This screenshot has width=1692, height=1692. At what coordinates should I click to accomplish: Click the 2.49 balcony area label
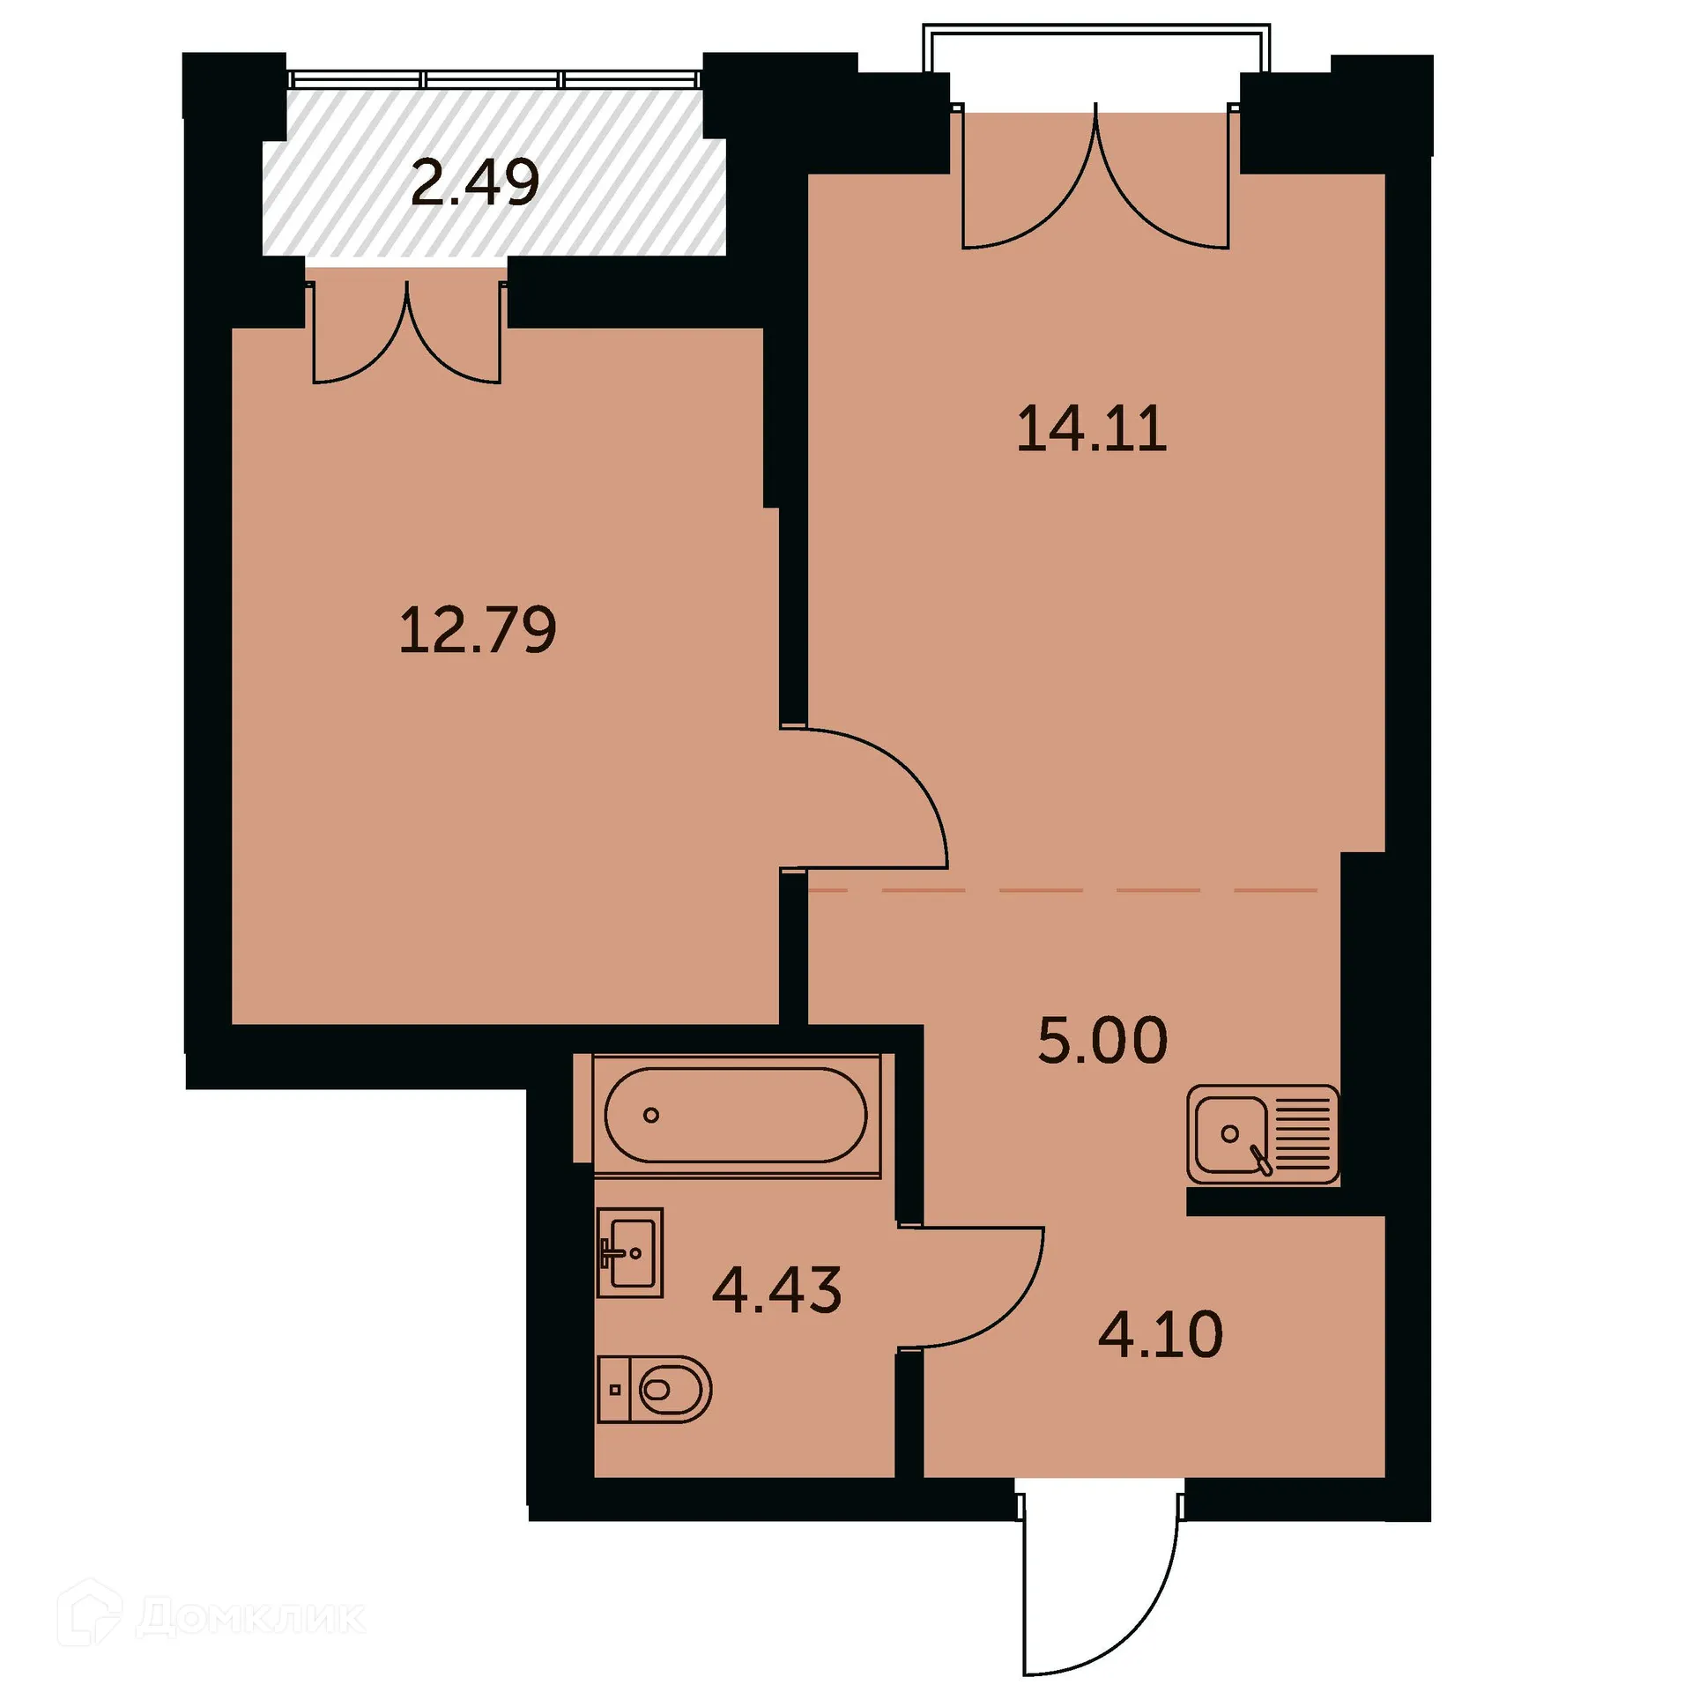click(475, 182)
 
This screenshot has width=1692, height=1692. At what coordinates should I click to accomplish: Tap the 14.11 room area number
click(1091, 429)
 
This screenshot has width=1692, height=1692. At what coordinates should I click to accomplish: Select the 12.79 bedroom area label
click(477, 630)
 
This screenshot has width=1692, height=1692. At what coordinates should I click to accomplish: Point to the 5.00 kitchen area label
click(1102, 1040)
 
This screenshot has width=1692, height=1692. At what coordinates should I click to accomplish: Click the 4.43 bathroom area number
click(776, 1289)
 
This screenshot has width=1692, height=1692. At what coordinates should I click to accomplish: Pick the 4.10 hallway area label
click(1160, 1334)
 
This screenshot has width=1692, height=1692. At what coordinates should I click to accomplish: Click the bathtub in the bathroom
click(736, 1116)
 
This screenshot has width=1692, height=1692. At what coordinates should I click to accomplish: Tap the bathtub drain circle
click(651, 1116)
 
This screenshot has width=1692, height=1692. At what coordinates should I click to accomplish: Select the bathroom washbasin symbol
click(629, 1251)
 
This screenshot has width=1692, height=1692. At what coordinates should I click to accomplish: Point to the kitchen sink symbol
click(1229, 1134)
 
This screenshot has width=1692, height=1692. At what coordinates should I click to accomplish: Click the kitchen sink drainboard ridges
click(1302, 1134)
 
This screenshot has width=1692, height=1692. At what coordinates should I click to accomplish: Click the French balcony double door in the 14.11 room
click(1095, 185)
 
